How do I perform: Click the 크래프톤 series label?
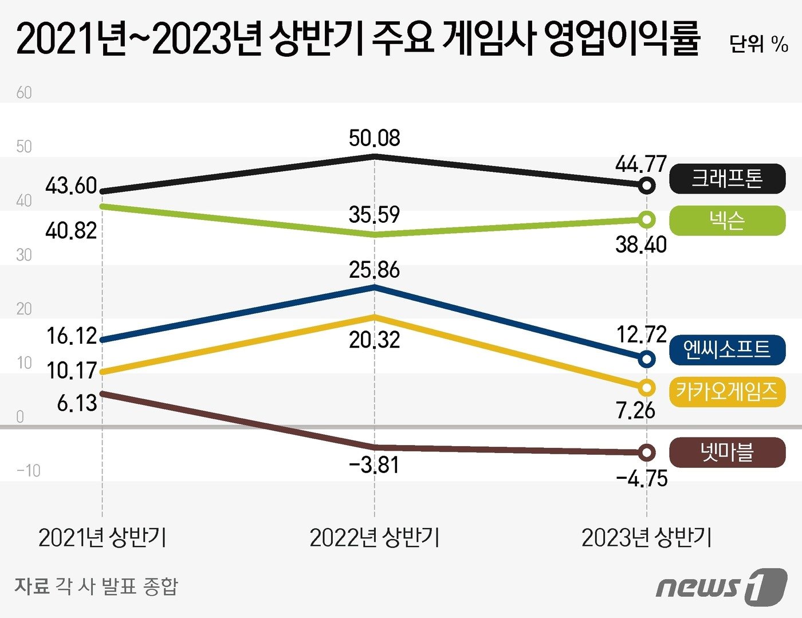pyautogui.click(x=727, y=179)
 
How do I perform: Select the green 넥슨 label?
pyautogui.click(x=727, y=221)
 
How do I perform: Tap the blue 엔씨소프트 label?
pyautogui.click(x=727, y=349)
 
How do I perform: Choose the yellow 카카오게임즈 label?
pyautogui.click(x=727, y=392)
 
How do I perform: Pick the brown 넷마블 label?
pyautogui.click(x=727, y=452)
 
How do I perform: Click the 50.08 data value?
pyautogui.click(x=375, y=138)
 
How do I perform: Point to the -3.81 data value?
pyautogui.click(x=374, y=465)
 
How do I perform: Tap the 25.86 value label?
pyautogui.click(x=375, y=270)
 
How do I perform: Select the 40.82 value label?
pyautogui.click(x=71, y=231)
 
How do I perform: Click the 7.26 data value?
pyautogui.click(x=635, y=410)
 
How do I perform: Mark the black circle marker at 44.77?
pyautogui.click(x=647, y=186)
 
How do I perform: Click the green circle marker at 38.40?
pyautogui.click(x=647, y=219)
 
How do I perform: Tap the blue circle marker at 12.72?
pyautogui.click(x=647, y=359)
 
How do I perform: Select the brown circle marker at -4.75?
pyautogui.click(x=647, y=452)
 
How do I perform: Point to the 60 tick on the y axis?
pyautogui.click(x=24, y=93)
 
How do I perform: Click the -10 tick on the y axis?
pyautogui.click(x=28, y=471)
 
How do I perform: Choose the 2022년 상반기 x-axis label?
pyautogui.click(x=375, y=538)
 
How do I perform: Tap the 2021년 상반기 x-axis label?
pyautogui.click(x=103, y=538)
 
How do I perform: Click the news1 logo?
pyautogui.click(x=721, y=587)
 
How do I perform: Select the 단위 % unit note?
pyautogui.click(x=758, y=44)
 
